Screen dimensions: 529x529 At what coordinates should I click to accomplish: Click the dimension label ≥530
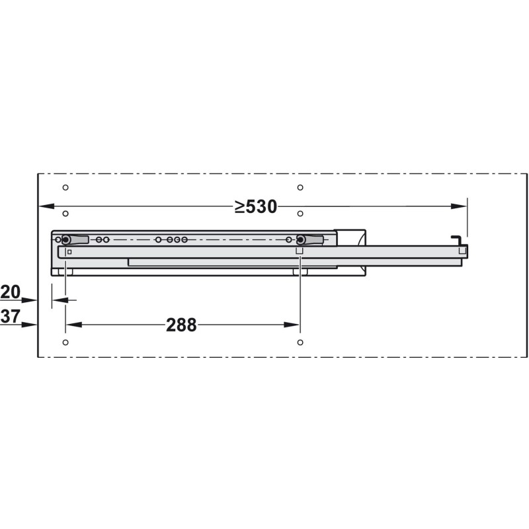pos(256,206)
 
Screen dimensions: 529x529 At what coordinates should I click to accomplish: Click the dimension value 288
pos(181,325)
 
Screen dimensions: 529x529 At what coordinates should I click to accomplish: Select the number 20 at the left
pos(11,292)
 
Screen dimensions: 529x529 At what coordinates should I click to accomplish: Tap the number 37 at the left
pos(11,317)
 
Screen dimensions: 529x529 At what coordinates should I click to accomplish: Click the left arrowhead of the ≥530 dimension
pos(46,206)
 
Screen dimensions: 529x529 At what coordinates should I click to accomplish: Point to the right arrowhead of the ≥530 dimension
pos(459,206)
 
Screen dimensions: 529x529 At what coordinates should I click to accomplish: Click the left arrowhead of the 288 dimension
pos(74,325)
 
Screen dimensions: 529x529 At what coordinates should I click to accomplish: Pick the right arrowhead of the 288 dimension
pos(292,325)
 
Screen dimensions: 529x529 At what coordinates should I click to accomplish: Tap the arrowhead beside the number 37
pos(29,325)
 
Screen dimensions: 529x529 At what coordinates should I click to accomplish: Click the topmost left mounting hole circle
pos(65,187)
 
